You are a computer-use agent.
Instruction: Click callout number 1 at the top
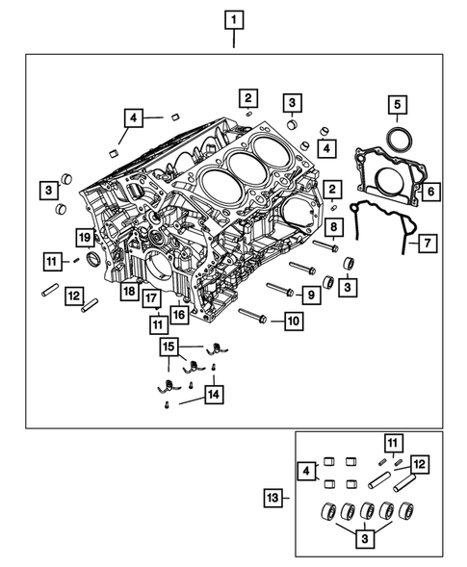click(x=235, y=18)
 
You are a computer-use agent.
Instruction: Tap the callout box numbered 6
click(x=429, y=192)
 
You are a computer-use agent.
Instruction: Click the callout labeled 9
click(x=310, y=293)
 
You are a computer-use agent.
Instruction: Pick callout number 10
click(x=292, y=321)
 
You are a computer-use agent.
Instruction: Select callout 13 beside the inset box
click(x=273, y=498)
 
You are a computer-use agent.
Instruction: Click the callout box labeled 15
click(x=169, y=346)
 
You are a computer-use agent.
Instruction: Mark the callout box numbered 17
click(x=150, y=299)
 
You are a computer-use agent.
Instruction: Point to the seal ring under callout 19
click(x=92, y=259)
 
